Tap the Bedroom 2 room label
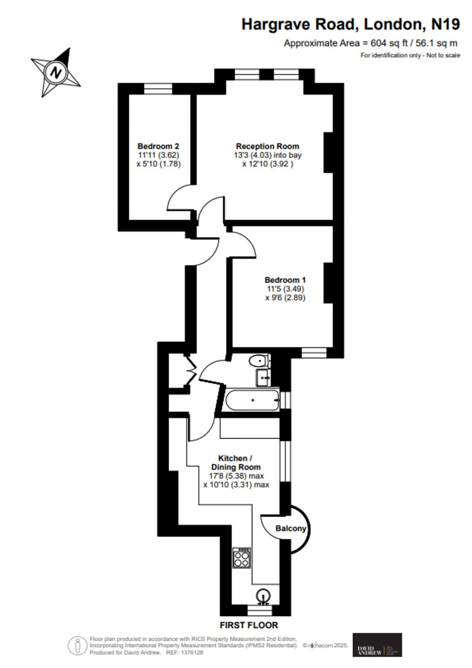click(158, 146)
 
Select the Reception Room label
click(267, 146)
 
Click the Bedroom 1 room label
click(285, 280)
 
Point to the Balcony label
click(290, 528)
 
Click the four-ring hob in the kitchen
click(241, 558)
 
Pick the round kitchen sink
click(262, 596)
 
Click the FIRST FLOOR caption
click(249, 625)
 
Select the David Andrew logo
click(377, 644)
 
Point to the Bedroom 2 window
click(158, 88)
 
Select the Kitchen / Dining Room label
click(236, 463)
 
